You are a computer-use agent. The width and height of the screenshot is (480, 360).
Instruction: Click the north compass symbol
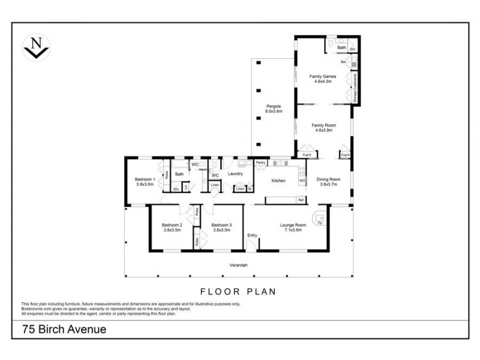pyautogui.click(x=35, y=47)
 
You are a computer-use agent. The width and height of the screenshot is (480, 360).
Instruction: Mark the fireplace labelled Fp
pyautogui.click(x=320, y=223)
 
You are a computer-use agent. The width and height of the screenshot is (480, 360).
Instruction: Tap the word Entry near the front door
pyautogui.click(x=252, y=235)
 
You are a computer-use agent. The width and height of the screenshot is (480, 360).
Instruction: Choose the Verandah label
pyautogui.click(x=239, y=265)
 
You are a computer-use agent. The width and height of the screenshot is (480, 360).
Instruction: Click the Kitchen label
pyautogui.click(x=278, y=181)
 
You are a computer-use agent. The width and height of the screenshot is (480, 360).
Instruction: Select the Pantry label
pyautogui.click(x=260, y=163)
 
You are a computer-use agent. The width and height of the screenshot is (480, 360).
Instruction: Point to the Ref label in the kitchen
pyautogui.click(x=301, y=199)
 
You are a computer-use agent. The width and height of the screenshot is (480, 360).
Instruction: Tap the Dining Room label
pyautogui.click(x=328, y=181)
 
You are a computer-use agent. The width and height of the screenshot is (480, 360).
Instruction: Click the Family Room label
pyautogui.click(x=322, y=127)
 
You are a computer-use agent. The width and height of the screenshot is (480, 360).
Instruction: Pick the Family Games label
pyautogui.click(x=322, y=79)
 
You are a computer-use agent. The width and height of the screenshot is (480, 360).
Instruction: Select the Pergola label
pyautogui.click(x=274, y=109)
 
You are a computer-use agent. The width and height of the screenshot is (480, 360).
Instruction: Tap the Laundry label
pyautogui.click(x=235, y=174)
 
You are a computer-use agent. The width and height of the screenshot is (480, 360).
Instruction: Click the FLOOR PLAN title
pyautogui.click(x=238, y=292)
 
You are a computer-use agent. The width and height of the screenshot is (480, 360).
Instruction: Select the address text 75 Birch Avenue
pyautogui.click(x=64, y=329)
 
